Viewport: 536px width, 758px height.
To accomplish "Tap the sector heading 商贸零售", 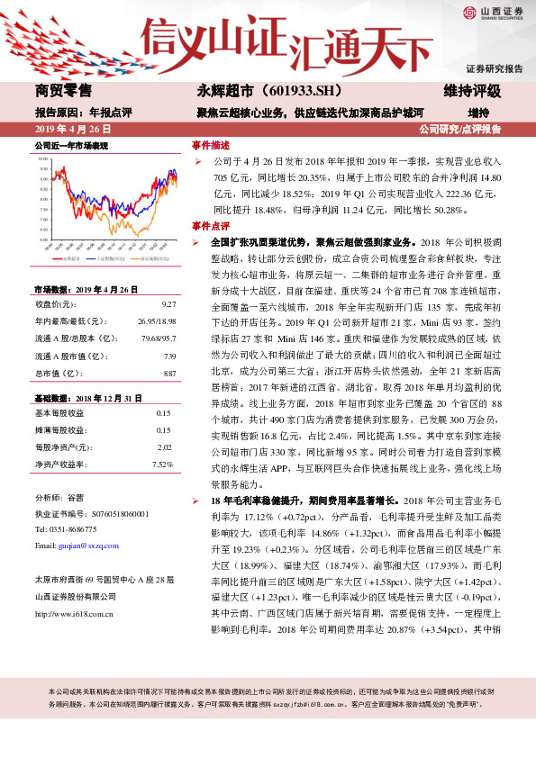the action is point(63,92).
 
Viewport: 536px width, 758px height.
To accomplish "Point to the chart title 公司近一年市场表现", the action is point(71,145).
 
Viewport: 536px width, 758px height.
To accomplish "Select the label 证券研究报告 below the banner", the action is point(494,69).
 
